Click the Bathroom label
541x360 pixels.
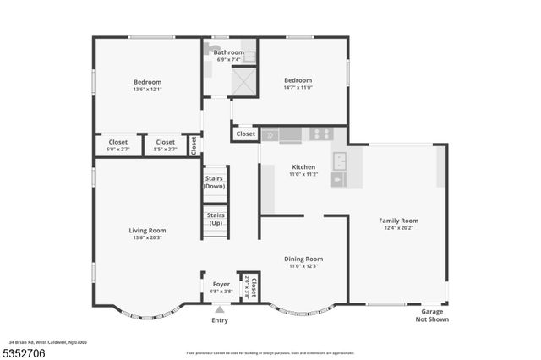[x=228, y=52]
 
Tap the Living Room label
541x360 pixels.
[x=147, y=231]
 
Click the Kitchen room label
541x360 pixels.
[x=303, y=167]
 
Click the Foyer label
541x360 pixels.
[x=221, y=285]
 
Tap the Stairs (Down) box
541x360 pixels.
[x=215, y=182]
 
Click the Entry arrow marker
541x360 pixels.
[x=220, y=310]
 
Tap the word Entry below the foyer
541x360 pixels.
[x=220, y=320]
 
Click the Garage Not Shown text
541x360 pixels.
[x=432, y=316]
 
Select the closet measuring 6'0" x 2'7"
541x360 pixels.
[x=118, y=145]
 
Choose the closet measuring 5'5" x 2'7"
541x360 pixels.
[x=166, y=145]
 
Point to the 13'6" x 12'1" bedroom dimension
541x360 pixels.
[x=147, y=89]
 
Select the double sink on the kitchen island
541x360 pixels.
[x=339, y=161]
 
